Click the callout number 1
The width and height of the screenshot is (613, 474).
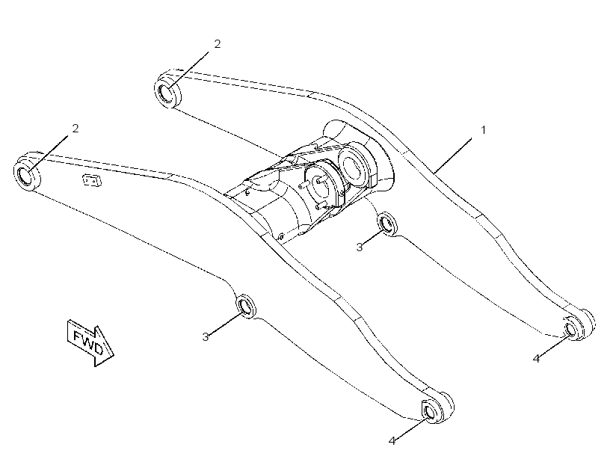tap(484, 130)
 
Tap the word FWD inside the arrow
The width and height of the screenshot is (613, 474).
tap(89, 342)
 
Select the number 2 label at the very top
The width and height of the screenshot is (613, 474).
tap(218, 44)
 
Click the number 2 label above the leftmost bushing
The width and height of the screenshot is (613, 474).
tap(76, 129)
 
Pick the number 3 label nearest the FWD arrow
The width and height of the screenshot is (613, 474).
tap(206, 336)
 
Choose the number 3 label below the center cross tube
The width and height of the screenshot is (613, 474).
tap(360, 247)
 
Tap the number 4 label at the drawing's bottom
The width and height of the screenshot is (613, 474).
tap(392, 441)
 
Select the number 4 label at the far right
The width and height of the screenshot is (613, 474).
tap(537, 358)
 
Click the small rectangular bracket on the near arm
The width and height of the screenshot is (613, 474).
tap(92, 180)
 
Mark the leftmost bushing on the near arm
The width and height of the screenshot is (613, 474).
tap(27, 170)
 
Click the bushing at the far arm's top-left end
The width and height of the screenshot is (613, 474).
tap(168, 89)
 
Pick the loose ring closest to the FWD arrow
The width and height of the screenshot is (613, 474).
tap(246, 304)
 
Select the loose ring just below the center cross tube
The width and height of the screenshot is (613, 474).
tap(387, 224)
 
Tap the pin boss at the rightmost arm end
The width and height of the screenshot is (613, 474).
tap(578, 324)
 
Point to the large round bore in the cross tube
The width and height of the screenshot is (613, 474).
tap(354, 164)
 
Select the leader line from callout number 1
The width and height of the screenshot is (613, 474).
tap(454, 155)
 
